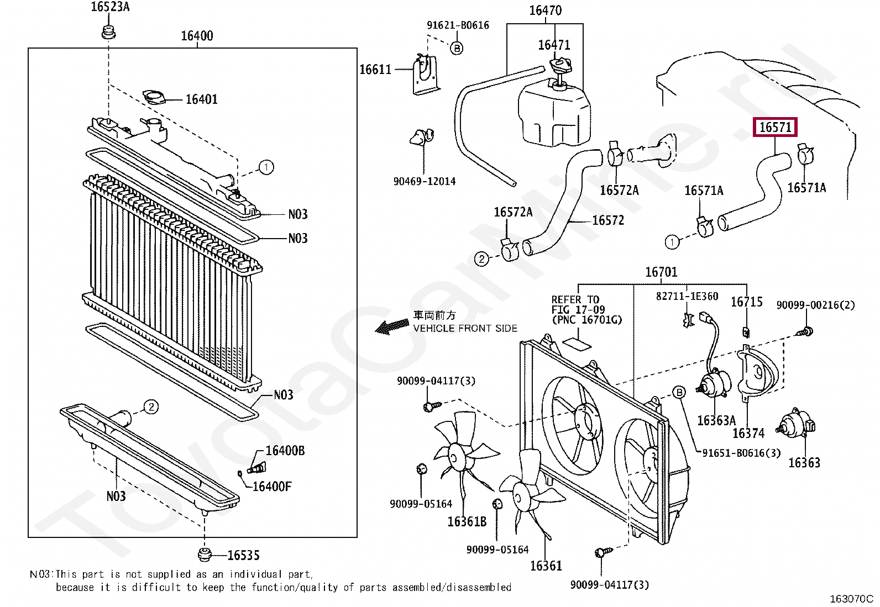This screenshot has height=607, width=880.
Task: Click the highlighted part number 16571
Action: pos(776,128)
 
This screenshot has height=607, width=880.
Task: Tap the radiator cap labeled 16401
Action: pos(154,97)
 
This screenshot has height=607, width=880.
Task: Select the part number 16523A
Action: pos(110,7)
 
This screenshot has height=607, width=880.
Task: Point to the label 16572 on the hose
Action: pos(607,220)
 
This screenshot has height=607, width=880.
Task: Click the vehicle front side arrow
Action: pos(391,328)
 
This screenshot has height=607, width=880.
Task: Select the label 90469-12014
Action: pos(424,181)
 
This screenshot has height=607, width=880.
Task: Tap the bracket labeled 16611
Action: pos(425,75)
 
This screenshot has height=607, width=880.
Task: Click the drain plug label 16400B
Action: pos(285,451)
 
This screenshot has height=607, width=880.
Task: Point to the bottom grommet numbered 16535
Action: pos(205,554)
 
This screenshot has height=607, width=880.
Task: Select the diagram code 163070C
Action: pos(851,599)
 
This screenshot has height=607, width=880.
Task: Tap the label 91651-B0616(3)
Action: pos(741,453)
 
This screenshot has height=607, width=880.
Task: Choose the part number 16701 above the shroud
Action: pos(661,272)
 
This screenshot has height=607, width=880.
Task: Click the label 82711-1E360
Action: pos(687,297)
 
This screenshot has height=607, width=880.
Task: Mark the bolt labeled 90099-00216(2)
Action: pos(805,332)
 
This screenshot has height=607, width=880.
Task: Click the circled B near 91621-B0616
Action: pos(457,49)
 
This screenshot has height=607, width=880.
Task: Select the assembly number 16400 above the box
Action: pos(197,36)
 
